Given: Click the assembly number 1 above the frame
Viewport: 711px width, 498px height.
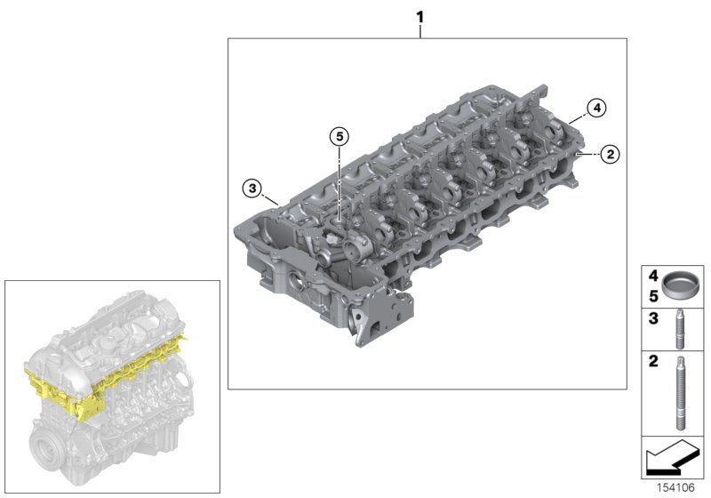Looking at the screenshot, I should pos(420,17).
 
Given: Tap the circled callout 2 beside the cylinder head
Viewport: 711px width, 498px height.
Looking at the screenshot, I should pos(609,155).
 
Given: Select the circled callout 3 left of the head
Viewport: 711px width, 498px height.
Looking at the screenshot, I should pos(252,188).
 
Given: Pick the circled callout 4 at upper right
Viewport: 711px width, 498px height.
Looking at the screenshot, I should pos(595,108).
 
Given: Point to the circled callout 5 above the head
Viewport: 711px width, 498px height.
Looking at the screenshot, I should pos(338,137).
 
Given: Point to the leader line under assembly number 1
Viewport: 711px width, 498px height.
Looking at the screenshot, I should pos(420,32).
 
